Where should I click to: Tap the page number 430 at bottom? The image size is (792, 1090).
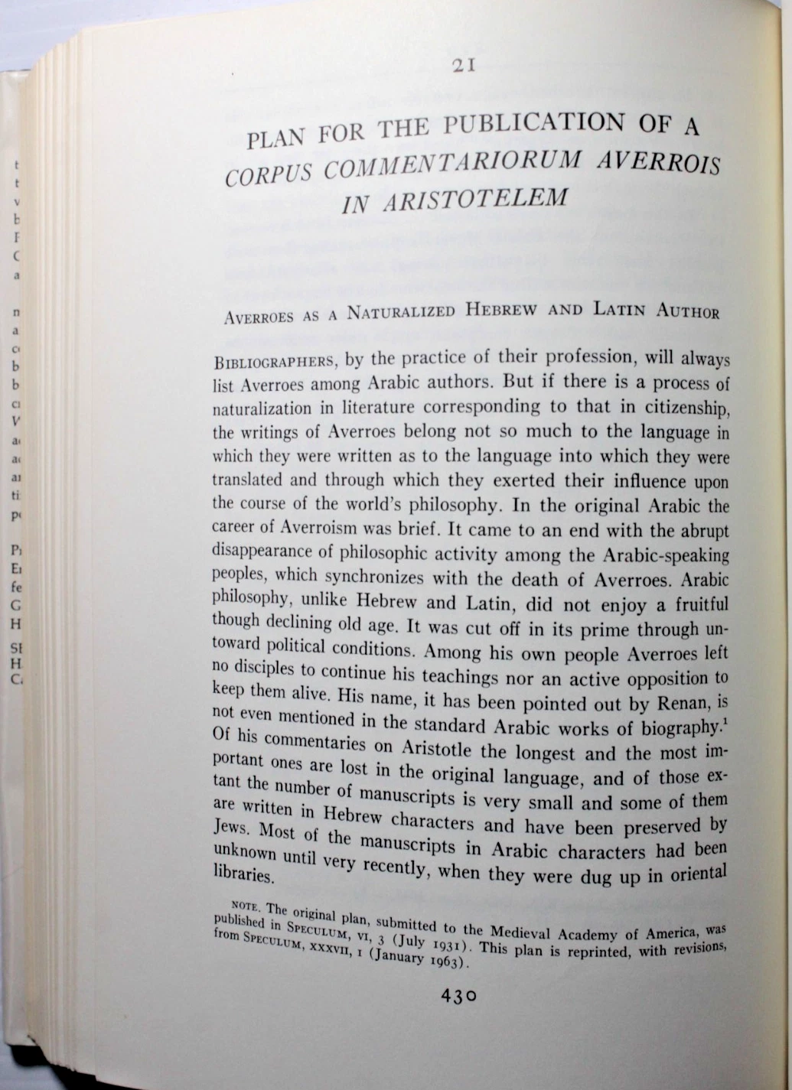[x=458, y=996]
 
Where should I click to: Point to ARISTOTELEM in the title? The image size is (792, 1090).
[x=475, y=200]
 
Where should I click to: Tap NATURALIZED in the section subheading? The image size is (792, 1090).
[x=401, y=312]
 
